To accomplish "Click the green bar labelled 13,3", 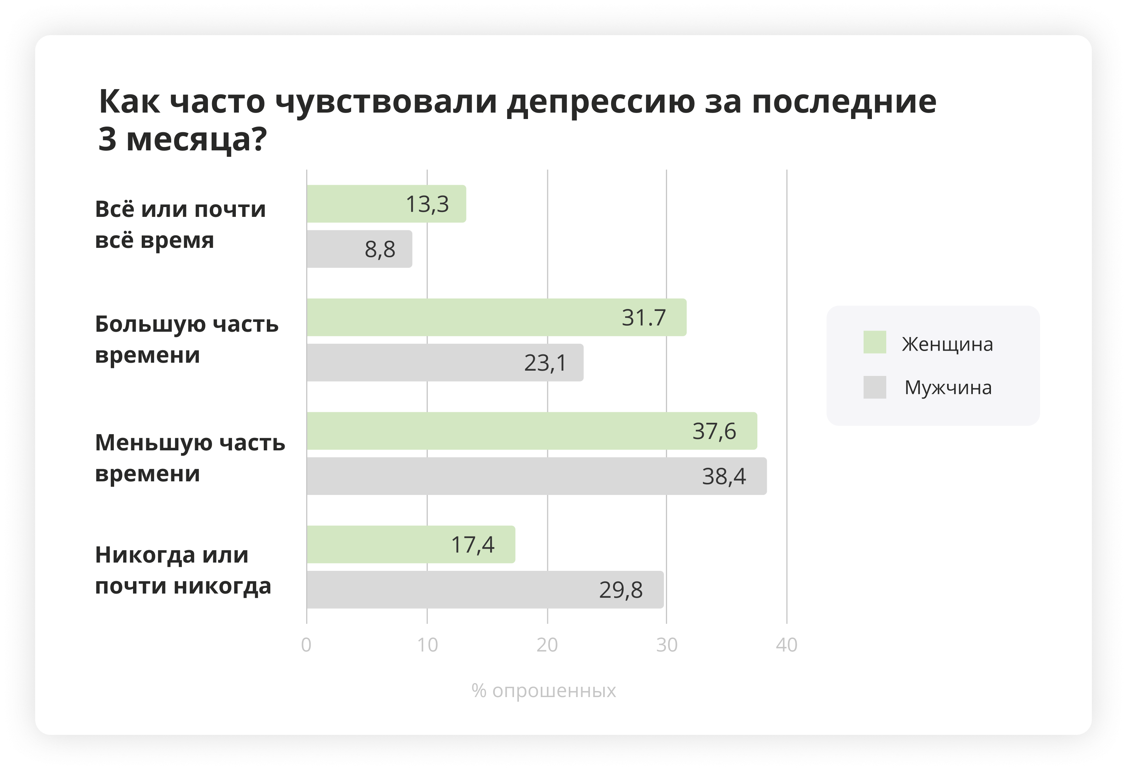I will pyautogui.click(x=386, y=204).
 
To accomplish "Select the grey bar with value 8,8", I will pyautogui.click(x=359, y=249).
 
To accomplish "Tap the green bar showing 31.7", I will pyautogui.click(x=496, y=318).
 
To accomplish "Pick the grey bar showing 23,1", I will pyautogui.click(x=445, y=363).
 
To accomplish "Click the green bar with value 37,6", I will pyautogui.click(x=531, y=431).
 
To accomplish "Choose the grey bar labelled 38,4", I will pyautogui.click(x=536, y=476).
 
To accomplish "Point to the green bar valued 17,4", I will pyautogui.click(x=411, y=544).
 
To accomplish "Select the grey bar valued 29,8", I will pyautogui.click(x=485, y=590).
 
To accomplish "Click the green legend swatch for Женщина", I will pyautogui.click(x=874, y=342).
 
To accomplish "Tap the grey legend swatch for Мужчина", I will pyautogui.click(x=874, y=387).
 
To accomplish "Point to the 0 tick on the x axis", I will pyautogui.click(x=306, y=645).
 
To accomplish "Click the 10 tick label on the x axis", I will pyautogui.click(x=427, y=645).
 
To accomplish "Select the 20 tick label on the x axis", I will pyautogui.click(x=547, y=645).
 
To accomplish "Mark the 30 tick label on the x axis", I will pyautogui.click(x=666, y=645).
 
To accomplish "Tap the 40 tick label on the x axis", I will pyautogui.click(x=786, y=645).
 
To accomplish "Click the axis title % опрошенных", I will pyautogui.click(x=543, y=691).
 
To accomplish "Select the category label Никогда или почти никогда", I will pyautogui.click(x=183, y=570).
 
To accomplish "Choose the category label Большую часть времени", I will pyautogui.click(x=187, y=339).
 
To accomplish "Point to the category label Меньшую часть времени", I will pyautogui.click(x=190, y=458).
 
